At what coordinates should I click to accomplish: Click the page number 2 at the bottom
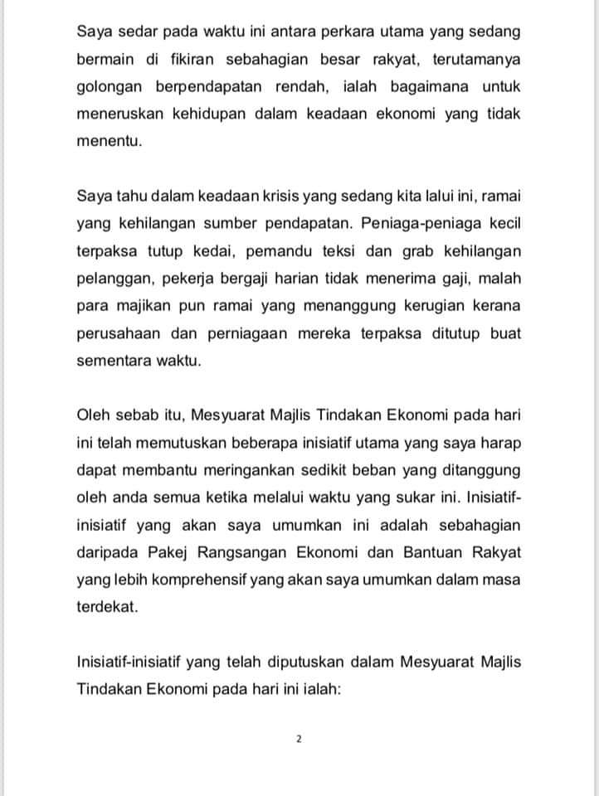(299, 738)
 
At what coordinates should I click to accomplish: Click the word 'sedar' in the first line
(140, 33)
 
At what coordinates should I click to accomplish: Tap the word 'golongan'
(109, 87)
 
